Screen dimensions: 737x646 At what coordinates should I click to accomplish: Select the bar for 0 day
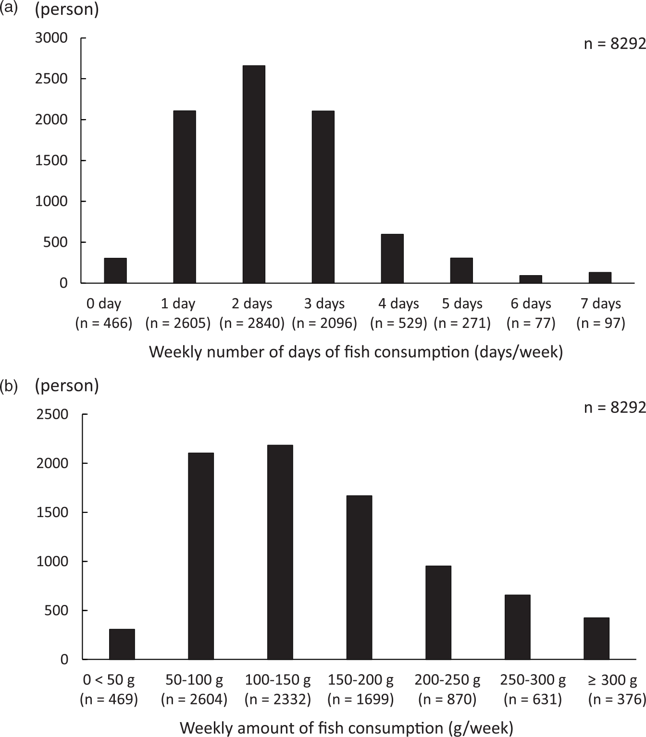click(x=115, y=271)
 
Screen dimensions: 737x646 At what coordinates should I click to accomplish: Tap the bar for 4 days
click(x=392, y=259)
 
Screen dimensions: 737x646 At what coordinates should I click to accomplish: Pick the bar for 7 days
click(x=600, y=278)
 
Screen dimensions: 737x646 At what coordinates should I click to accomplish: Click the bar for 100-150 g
click(x=280, y=552)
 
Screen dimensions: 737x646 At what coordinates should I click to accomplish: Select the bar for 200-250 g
click(x=438, y=613)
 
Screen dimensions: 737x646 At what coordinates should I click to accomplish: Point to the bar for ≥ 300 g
click(x=596, y=639)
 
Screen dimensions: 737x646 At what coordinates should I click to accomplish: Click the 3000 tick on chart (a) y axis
click(x=51, y=38)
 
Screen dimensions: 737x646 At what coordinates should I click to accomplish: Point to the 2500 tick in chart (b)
click(x=52, y=414)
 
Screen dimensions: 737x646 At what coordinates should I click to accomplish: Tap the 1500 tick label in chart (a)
click(x=51, y=160)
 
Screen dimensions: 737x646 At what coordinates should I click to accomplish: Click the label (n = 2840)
click(x=252, y=323)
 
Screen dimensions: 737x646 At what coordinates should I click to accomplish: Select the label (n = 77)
click(x=531, y=323)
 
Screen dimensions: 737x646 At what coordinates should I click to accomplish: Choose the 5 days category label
click(x=462, y=303)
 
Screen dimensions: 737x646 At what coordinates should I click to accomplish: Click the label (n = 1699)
click(x=360, y=700)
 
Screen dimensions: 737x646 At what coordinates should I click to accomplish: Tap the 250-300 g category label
click(x=533, y=680)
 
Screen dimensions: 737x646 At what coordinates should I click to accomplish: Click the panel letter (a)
click(x=9, y=8)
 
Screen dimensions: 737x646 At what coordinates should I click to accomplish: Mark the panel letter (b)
click(x=9, y=386)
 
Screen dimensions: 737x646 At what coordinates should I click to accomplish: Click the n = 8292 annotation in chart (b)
click(x=614, y=408)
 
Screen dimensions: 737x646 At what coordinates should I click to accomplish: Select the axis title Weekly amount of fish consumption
click(x=347, y=728)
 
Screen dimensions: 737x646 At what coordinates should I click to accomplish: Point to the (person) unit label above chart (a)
click(x=67, y=9)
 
